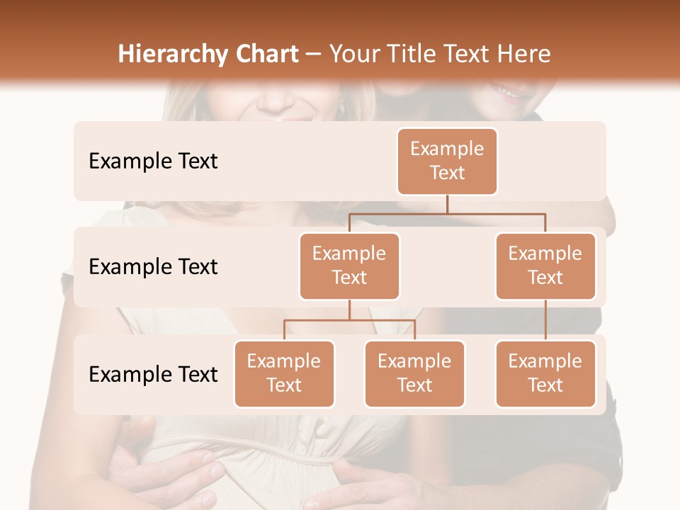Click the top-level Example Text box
(447, 161)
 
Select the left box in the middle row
(349, 266)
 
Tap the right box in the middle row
(545, 266)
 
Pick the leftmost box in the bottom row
(284, 373)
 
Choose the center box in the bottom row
(414, 373)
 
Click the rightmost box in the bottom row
(545, 373)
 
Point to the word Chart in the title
(267, 54)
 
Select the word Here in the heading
(525, 54)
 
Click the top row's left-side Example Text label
(153, 161)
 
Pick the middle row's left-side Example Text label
(153, 266)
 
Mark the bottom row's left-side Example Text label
(153, 374)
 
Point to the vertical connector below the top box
(447, 204)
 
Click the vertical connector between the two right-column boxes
(545, 320)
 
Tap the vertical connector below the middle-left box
(349, 310)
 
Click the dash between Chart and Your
(314, 55)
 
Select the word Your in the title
(353, 54)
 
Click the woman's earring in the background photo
(341, 110)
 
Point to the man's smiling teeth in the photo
(509, 90)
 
